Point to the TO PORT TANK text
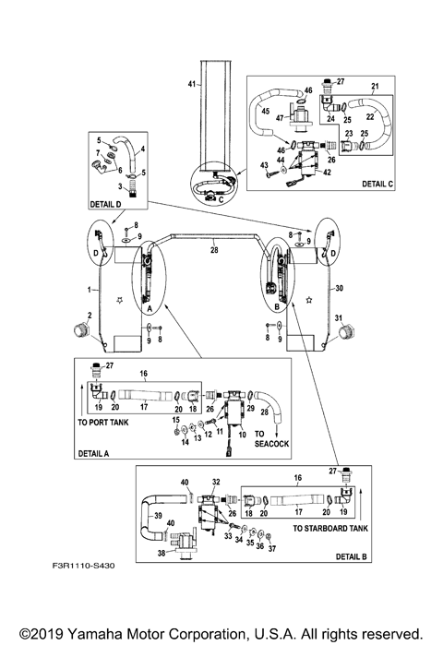(104, 421)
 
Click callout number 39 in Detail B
(158, 517)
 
